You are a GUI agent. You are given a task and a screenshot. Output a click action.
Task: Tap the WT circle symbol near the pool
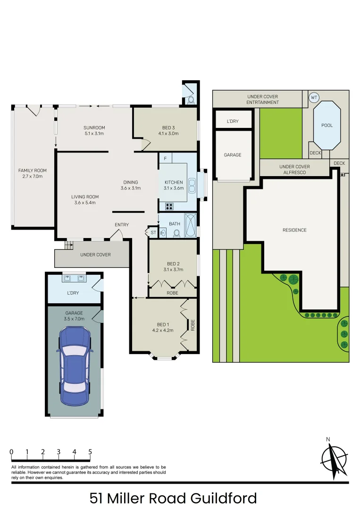(314, 98)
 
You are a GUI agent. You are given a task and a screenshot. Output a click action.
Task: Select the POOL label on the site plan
(327, 125)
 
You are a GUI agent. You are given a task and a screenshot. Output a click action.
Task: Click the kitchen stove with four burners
(168, 206)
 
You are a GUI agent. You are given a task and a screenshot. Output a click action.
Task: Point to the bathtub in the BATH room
(190, 225)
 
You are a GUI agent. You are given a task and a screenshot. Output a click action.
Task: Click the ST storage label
(153, 232)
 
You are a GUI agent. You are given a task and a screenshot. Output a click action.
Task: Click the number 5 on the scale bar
(90, 452)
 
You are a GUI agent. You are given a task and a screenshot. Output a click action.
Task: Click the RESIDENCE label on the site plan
(294, 230)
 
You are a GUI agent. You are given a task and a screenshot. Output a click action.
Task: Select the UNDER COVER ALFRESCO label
(294, 170)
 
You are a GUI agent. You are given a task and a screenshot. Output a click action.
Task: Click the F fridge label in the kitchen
(165, 158)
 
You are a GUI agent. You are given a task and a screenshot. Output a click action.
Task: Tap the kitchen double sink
(192, 185)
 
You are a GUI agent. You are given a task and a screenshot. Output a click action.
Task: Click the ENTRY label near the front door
(121, 225)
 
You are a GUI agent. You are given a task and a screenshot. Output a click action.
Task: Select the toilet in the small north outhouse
(191, 100)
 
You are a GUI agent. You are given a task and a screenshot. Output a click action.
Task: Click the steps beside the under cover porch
(69, 245)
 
